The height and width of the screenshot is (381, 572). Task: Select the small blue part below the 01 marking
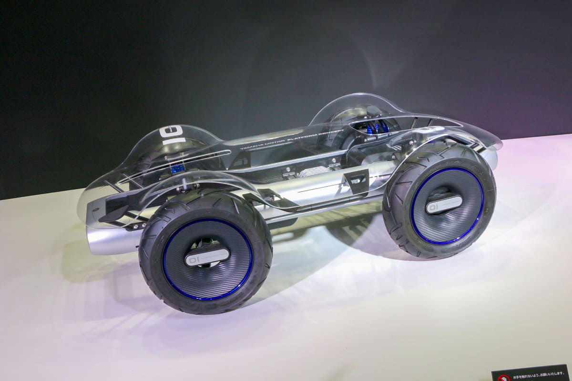pos(177,168)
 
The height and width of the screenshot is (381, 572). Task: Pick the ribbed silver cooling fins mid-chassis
pos(315,171)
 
